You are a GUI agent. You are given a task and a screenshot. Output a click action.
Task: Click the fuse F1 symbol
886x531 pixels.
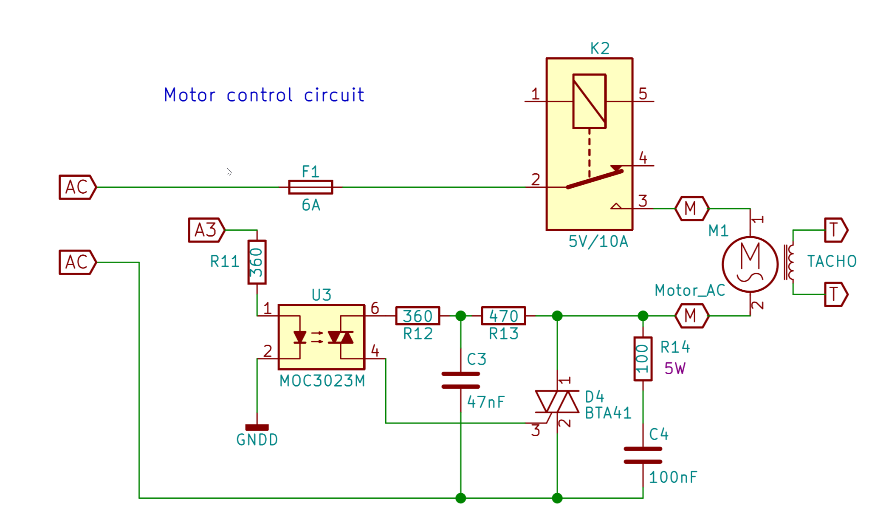coord(310,187)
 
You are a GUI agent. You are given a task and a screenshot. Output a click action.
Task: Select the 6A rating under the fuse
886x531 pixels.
coord(310,206)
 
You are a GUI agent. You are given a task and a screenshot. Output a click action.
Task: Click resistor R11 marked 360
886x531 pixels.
coord(257,262)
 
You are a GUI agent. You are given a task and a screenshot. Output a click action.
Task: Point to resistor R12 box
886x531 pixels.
coord(418,316)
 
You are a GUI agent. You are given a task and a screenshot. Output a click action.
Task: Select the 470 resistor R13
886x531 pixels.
coord(503,316)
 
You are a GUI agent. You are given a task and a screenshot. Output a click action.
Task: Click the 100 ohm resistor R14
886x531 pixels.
coord(643,359)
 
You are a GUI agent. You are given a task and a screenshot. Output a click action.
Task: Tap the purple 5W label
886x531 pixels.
coord(674,369)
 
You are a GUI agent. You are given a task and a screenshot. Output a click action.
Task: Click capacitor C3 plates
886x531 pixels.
coord(461,380)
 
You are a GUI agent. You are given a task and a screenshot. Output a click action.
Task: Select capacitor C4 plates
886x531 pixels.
coord(643,455)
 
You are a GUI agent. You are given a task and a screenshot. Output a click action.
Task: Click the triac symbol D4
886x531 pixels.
coord(557,401)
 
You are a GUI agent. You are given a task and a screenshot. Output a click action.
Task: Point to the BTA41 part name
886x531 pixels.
coord(608,413)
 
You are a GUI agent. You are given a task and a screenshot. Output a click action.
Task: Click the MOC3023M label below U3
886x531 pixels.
coord(322,381)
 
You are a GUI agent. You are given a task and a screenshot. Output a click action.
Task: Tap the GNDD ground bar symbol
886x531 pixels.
coord(257,427)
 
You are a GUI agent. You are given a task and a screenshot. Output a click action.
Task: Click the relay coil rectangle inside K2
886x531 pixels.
coord(589,101)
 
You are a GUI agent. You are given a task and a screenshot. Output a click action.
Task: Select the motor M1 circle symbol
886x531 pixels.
coord(750,264)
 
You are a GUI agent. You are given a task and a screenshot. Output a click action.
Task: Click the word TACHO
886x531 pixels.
coord(832,261)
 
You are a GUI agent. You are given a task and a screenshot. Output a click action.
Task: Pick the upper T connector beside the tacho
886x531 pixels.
coord(835,230)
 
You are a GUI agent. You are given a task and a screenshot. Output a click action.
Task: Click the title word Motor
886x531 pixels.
coord(189,95)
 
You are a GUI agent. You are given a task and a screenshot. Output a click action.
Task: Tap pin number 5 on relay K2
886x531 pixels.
coord(643,94)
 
